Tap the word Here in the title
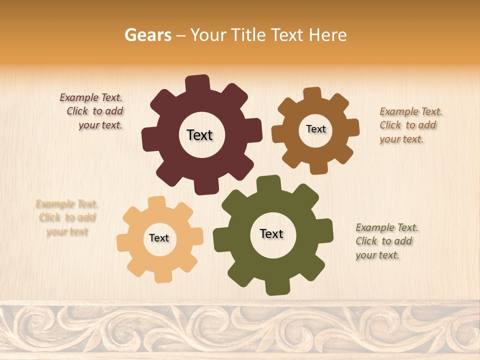click(328, 35)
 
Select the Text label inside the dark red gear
click(199, 135)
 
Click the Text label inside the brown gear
click(315, 129)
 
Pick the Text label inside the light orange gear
click(159, 238)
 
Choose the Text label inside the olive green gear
click(271, 233)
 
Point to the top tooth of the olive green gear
click(268, 183)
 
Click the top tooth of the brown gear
click(312, 94)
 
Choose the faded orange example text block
click(67, 217)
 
